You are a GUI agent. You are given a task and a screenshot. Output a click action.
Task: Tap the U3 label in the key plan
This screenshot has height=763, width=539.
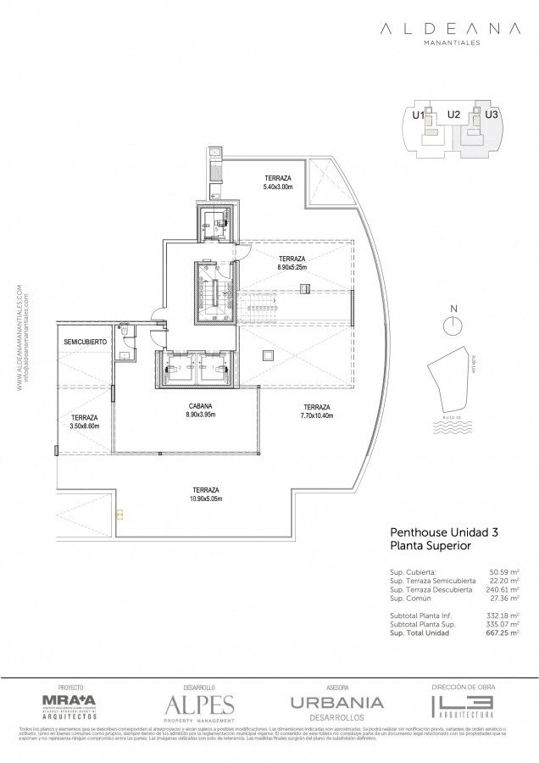tap(492, 114)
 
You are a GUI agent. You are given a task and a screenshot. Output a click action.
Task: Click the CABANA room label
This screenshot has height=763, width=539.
tap(201, 406)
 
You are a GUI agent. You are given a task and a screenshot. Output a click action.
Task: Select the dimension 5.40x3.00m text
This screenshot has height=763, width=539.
tap(277, 187)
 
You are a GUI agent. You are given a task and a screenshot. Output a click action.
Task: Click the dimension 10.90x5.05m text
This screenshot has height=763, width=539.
tap(206, 499)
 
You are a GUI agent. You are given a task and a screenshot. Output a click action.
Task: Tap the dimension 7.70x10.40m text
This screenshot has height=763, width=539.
tap(316, 415)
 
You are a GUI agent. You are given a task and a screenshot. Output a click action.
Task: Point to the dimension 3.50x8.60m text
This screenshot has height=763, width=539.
tap(84, 426)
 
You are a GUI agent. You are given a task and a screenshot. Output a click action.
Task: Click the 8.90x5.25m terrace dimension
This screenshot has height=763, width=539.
tap(291, 267)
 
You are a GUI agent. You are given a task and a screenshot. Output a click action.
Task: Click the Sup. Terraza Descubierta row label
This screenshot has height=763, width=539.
tap(420, 588)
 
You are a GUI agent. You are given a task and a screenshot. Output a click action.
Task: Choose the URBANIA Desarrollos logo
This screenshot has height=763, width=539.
tap(336, 705)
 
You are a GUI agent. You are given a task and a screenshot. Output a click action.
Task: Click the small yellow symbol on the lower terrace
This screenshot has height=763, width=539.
tap(119, 513)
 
